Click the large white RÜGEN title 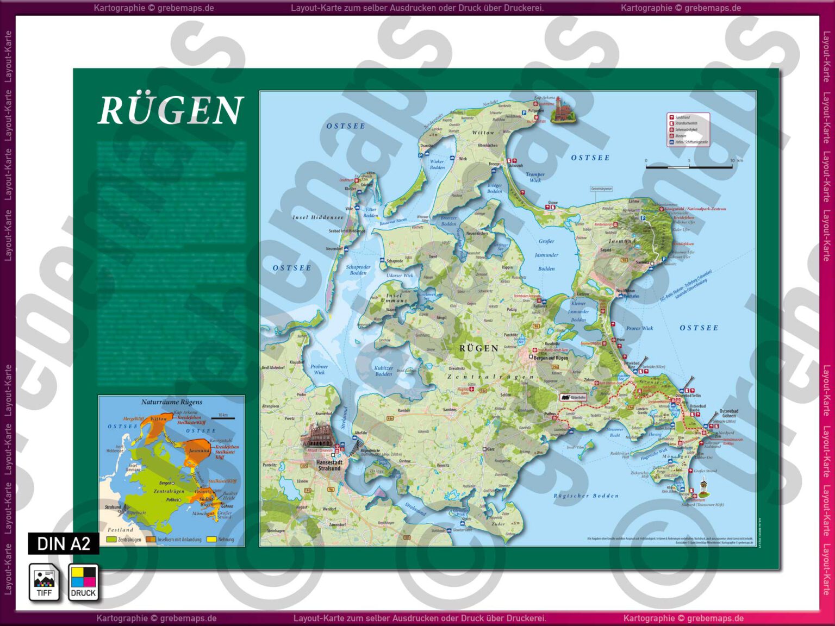[x=171, y=110]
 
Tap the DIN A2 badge [x=64, y=543]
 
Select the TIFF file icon [x=44, y=583]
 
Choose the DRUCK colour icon [x=83, y=583]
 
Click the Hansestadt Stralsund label [x=330, y=465]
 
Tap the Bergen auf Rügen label [x=551, y=358]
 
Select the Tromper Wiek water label [x=535, y=178]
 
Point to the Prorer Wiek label [x=639, y=328]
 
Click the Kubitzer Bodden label [x=383, y=371]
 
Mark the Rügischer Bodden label [x=586, y=496]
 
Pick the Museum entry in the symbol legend [x=681, y=136]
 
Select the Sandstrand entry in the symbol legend [x=682, y=117]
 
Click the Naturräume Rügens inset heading [x=171, y=402]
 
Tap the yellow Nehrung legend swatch [x=211, y=540]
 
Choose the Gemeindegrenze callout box [x=601, y=189]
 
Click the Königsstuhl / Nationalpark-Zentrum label [x=695, y=209]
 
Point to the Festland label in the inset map [x=120, y=530]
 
